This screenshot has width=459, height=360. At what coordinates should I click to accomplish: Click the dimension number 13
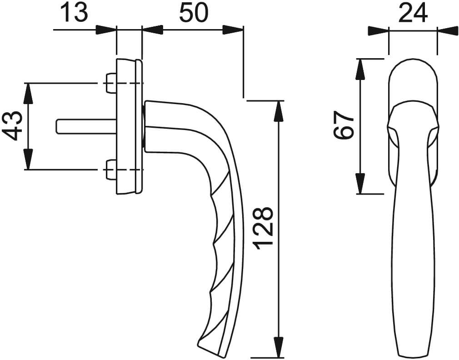coord(75,13)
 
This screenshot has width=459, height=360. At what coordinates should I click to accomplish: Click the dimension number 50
coord(194,13)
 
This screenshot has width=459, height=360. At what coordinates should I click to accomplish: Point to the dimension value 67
coord(344,125)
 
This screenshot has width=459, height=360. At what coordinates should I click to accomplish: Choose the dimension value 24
coord(413,13)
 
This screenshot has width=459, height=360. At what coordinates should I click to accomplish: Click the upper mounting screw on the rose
coord(110,84)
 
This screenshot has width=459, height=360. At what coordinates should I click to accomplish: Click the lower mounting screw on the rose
coord(110,170)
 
